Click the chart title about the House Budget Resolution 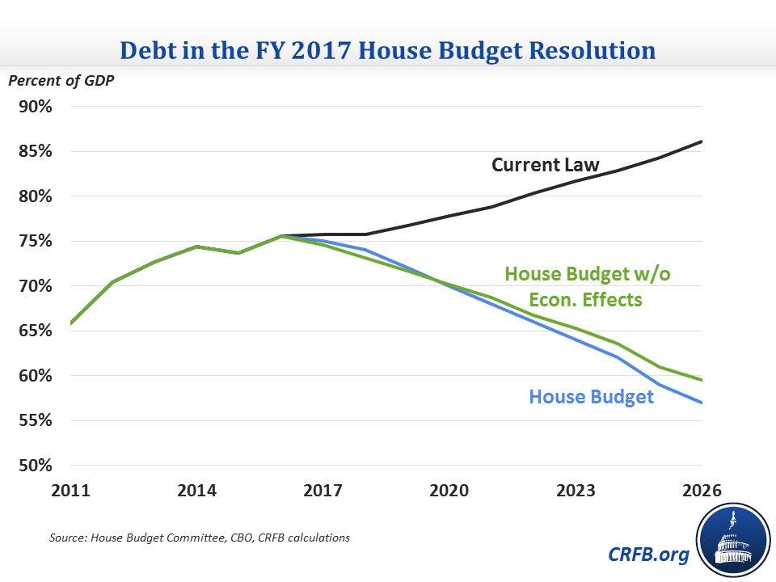[x=387, y=49]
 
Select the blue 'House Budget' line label [x=591, y=397]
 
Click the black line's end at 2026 [x=702, y=141]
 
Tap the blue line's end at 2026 [x=702, y=403]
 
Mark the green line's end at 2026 [x=702, y=380]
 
